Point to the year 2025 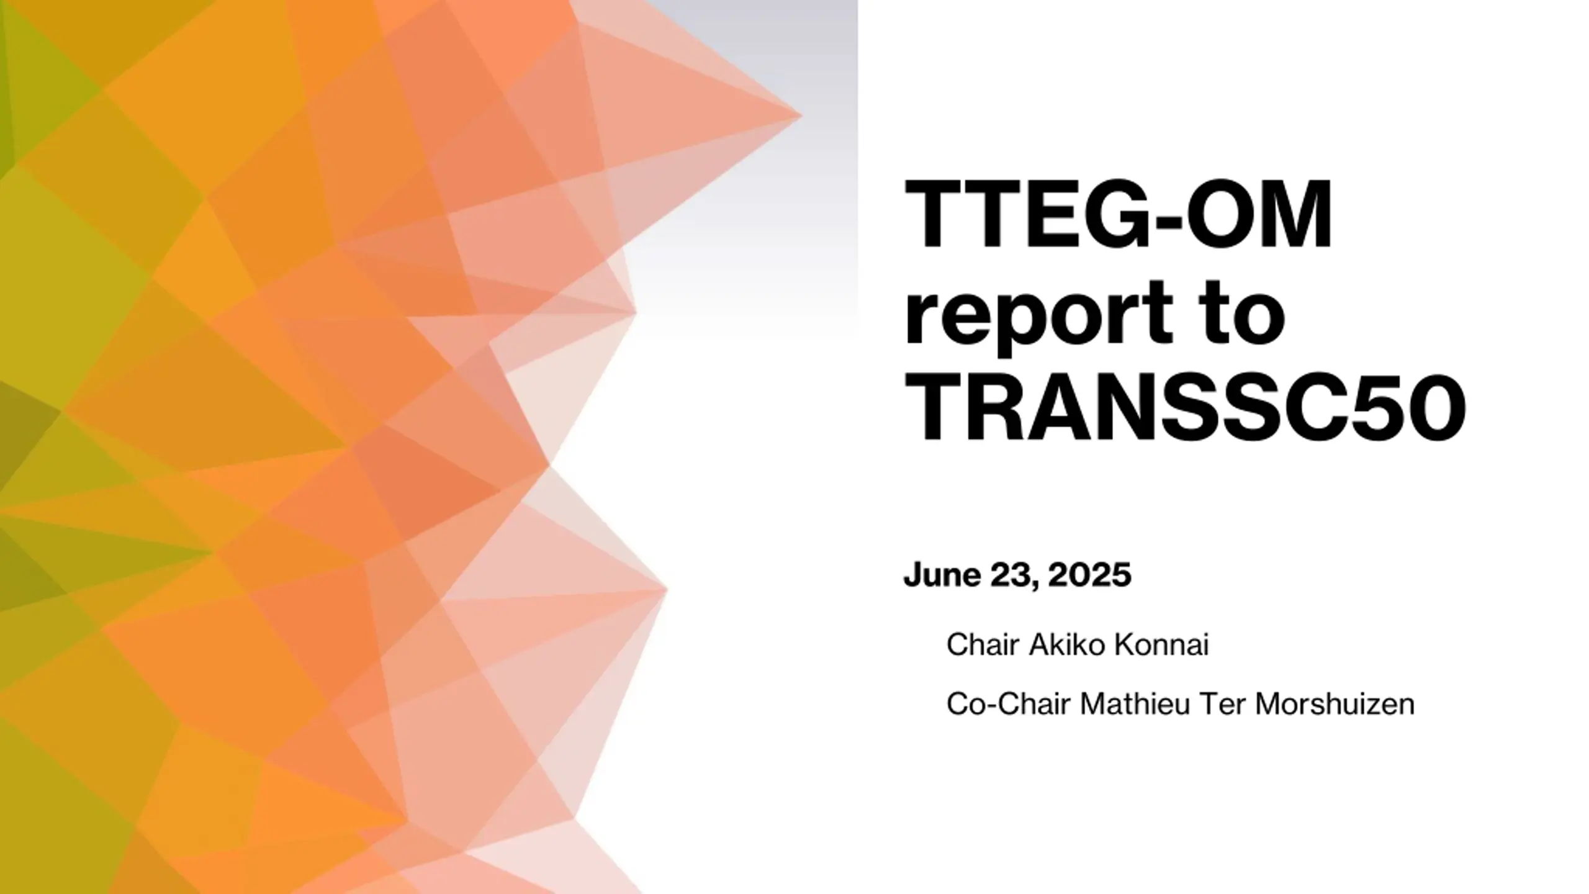point(1089,574)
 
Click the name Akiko point(1067,645)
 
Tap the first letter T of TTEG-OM point(935,214)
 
